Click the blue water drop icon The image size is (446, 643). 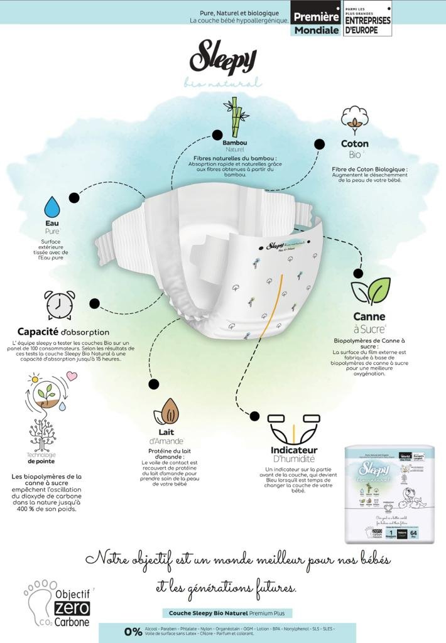[x=52, y=207]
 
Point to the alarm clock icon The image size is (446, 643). [x=60, y=305]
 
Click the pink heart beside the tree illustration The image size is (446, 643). [x=71, y=376]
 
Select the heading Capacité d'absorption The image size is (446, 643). [x=63, y=332]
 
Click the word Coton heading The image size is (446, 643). [x=355, y=144]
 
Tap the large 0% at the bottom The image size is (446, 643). [x=133, y=632]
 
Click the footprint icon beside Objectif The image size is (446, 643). [x=36, y=600]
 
